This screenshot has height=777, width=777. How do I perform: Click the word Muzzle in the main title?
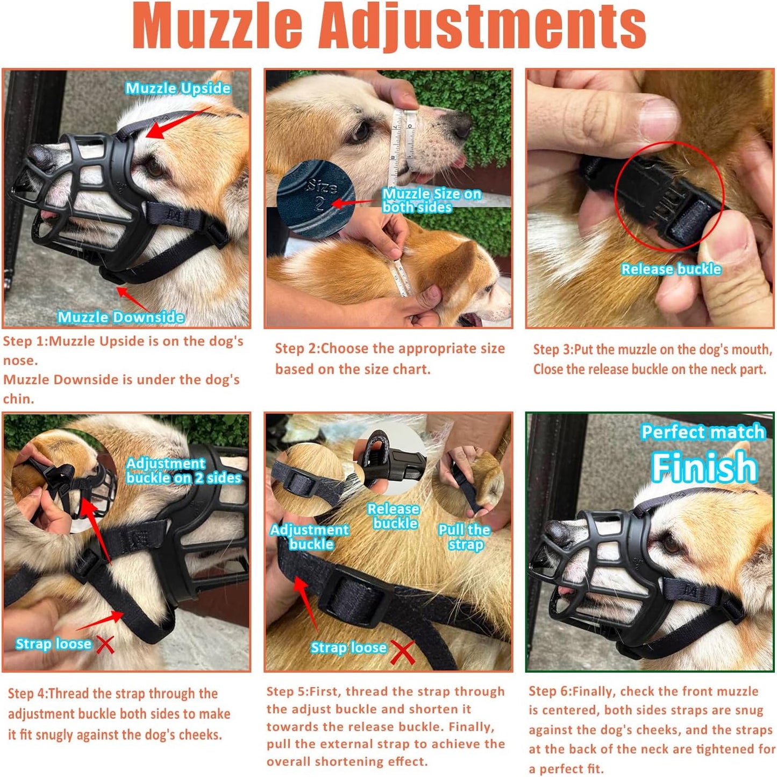pyautogui.click(x=218, y=26)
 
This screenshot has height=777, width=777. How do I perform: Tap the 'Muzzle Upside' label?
pyautogui.click(x=178, y=88)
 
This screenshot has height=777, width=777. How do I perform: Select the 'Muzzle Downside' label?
pyautogui.click(x=121, y=317)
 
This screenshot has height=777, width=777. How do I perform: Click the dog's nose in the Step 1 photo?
pyautogui.click(x=40, y=156)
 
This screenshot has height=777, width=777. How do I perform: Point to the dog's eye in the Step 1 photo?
pyautogui.click(x=155, y=168)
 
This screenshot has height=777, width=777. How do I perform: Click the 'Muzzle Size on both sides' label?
pyautogui.click(x=431, y=200)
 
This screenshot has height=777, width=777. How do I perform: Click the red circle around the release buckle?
pyautogui.click(x=669, y=196)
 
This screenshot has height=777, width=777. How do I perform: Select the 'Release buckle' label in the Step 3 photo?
pyautogui.click(x=671, y=269)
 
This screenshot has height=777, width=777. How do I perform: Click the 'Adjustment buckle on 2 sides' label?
pyautogui.click(x=183, y=470)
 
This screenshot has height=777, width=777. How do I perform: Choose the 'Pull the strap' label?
pyautogui.click(x=465, y=537)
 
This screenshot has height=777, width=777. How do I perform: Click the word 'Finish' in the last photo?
pyautogui.click(x=704, y=467)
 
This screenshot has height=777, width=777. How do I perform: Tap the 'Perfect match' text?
pyautogui.click(x=703, y=432)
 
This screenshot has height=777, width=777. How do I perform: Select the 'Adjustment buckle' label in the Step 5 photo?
pyautogui.click(x=310, y=536)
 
